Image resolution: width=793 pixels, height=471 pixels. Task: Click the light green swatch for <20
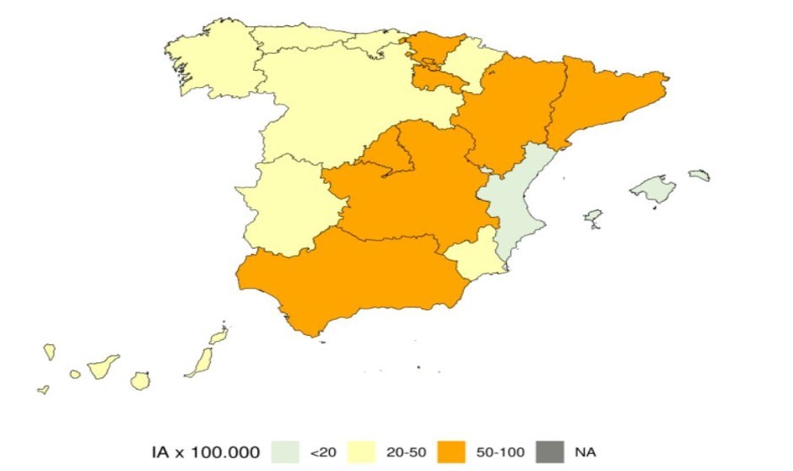click(x=287, y=452)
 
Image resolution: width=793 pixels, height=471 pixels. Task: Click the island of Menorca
click(x=699, y=176)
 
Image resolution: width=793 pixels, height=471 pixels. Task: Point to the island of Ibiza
click(x=593, y=218)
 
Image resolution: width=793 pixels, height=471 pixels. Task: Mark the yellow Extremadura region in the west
click(x=283, y=207)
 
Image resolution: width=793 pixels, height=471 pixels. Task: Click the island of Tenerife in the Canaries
click(x=103, y=365)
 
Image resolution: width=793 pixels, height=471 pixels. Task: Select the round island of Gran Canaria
click(x=140, y=381)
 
